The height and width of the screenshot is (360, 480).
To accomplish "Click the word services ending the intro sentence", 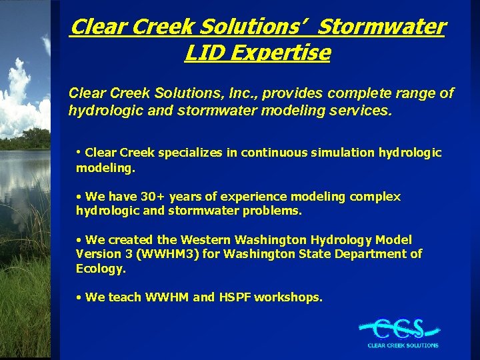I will pos(361,111).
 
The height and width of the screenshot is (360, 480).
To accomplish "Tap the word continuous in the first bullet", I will pos(274,153).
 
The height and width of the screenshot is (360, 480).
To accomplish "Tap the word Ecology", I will pos(101,268).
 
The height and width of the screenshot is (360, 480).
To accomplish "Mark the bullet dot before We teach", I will pos(79,297).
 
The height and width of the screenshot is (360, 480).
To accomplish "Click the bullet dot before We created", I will pos(79,239).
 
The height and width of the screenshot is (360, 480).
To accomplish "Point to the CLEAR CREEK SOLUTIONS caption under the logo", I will pos(403,345).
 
